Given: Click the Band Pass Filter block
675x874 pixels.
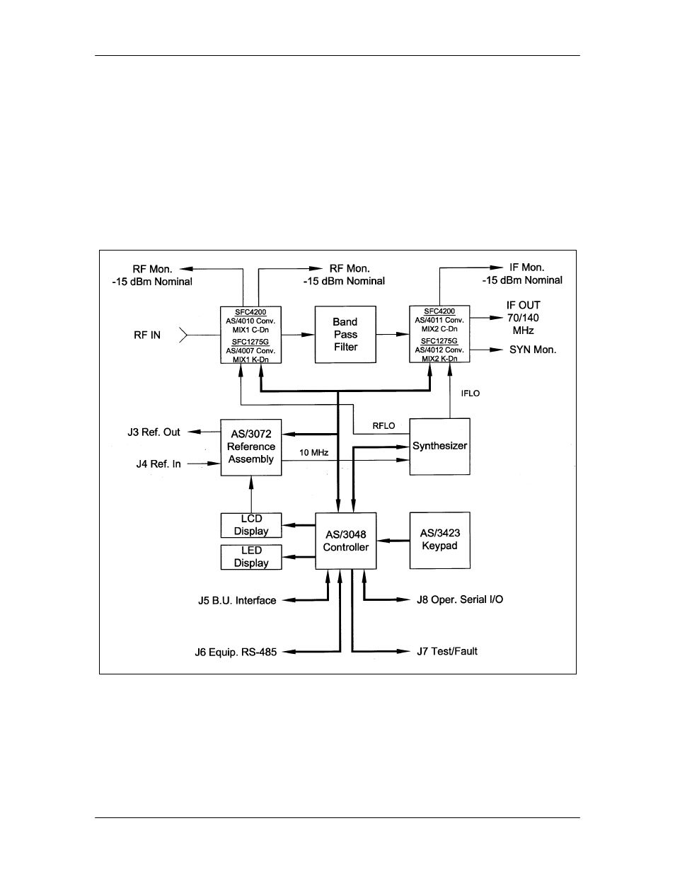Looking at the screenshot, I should (x=345, y=335).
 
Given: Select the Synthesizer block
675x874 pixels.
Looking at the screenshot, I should (x=439, y=447).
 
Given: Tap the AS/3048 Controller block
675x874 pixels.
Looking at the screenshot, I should (x=346, y=541).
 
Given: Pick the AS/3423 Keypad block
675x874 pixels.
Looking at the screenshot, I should (x=439, y=540).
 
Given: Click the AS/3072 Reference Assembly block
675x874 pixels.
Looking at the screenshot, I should (x=251, y=447).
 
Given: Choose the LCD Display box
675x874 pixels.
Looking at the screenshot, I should (x=251, y=525).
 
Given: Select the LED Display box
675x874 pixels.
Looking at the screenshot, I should (x=251, y=557).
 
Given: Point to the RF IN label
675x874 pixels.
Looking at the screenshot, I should (x=147, y=335).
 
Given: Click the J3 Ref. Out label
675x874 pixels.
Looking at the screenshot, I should (x=154, y=432).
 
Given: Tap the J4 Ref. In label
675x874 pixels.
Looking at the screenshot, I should (x=158, y=464).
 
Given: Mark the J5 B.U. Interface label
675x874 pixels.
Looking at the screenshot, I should (x=237, y=601).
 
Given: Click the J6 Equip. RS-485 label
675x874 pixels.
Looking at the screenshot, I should (x=236, y=652).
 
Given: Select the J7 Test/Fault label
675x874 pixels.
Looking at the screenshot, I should (x=447, y=651).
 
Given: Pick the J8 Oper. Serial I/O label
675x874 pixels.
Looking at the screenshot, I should (x=460, y=599).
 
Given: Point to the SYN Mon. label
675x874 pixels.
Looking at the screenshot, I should (x=533, y=350).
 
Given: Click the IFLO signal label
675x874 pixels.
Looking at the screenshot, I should (x=471, y=393).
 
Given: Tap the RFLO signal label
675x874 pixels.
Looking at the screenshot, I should (x=383, y=426).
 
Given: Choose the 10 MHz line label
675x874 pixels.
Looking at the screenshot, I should (x=313, y=452).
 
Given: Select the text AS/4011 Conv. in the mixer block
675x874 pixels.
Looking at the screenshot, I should (x=439, y=321).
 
